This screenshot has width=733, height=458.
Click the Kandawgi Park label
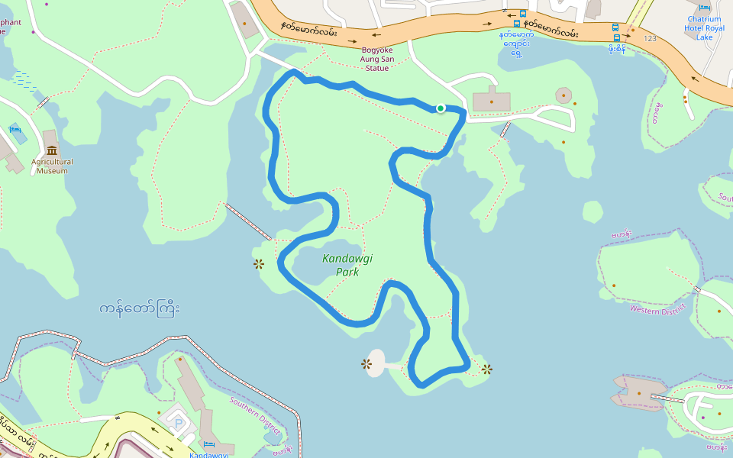347,265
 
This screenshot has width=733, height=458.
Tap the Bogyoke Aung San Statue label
377,59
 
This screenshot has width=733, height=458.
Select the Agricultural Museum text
52,166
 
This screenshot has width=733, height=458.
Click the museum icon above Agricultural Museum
52,150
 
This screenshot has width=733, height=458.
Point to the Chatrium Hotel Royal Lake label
704,28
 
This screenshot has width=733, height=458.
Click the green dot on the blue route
441,108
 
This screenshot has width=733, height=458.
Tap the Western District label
657,308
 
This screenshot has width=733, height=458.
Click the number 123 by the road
650,38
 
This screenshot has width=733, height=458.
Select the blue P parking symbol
179,422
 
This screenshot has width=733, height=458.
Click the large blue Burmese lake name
140,310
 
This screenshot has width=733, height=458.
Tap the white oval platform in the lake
375,363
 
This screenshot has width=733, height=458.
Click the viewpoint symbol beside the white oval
366,364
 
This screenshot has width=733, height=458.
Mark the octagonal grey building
563,95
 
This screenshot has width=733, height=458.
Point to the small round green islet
593,211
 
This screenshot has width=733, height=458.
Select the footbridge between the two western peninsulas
247,221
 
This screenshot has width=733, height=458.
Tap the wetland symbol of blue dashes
24,80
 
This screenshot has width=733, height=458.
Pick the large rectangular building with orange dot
491,101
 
